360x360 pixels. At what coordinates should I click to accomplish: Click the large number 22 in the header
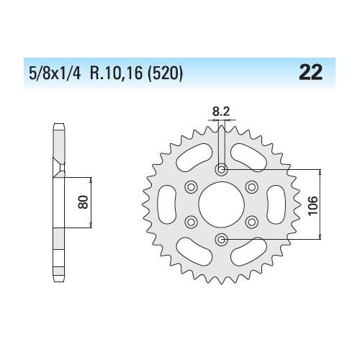click(310, 73)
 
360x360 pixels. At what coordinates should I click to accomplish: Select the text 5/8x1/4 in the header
click(55, 73)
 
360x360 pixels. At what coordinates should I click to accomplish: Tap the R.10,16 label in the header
click(116, 73)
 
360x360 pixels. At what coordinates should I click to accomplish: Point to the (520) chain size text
click(165, 73)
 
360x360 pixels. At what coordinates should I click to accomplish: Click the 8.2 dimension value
click(221, 112)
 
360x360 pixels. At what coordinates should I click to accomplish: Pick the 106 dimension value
click(313, 206)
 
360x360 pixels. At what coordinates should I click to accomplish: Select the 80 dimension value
click(84, 202)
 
